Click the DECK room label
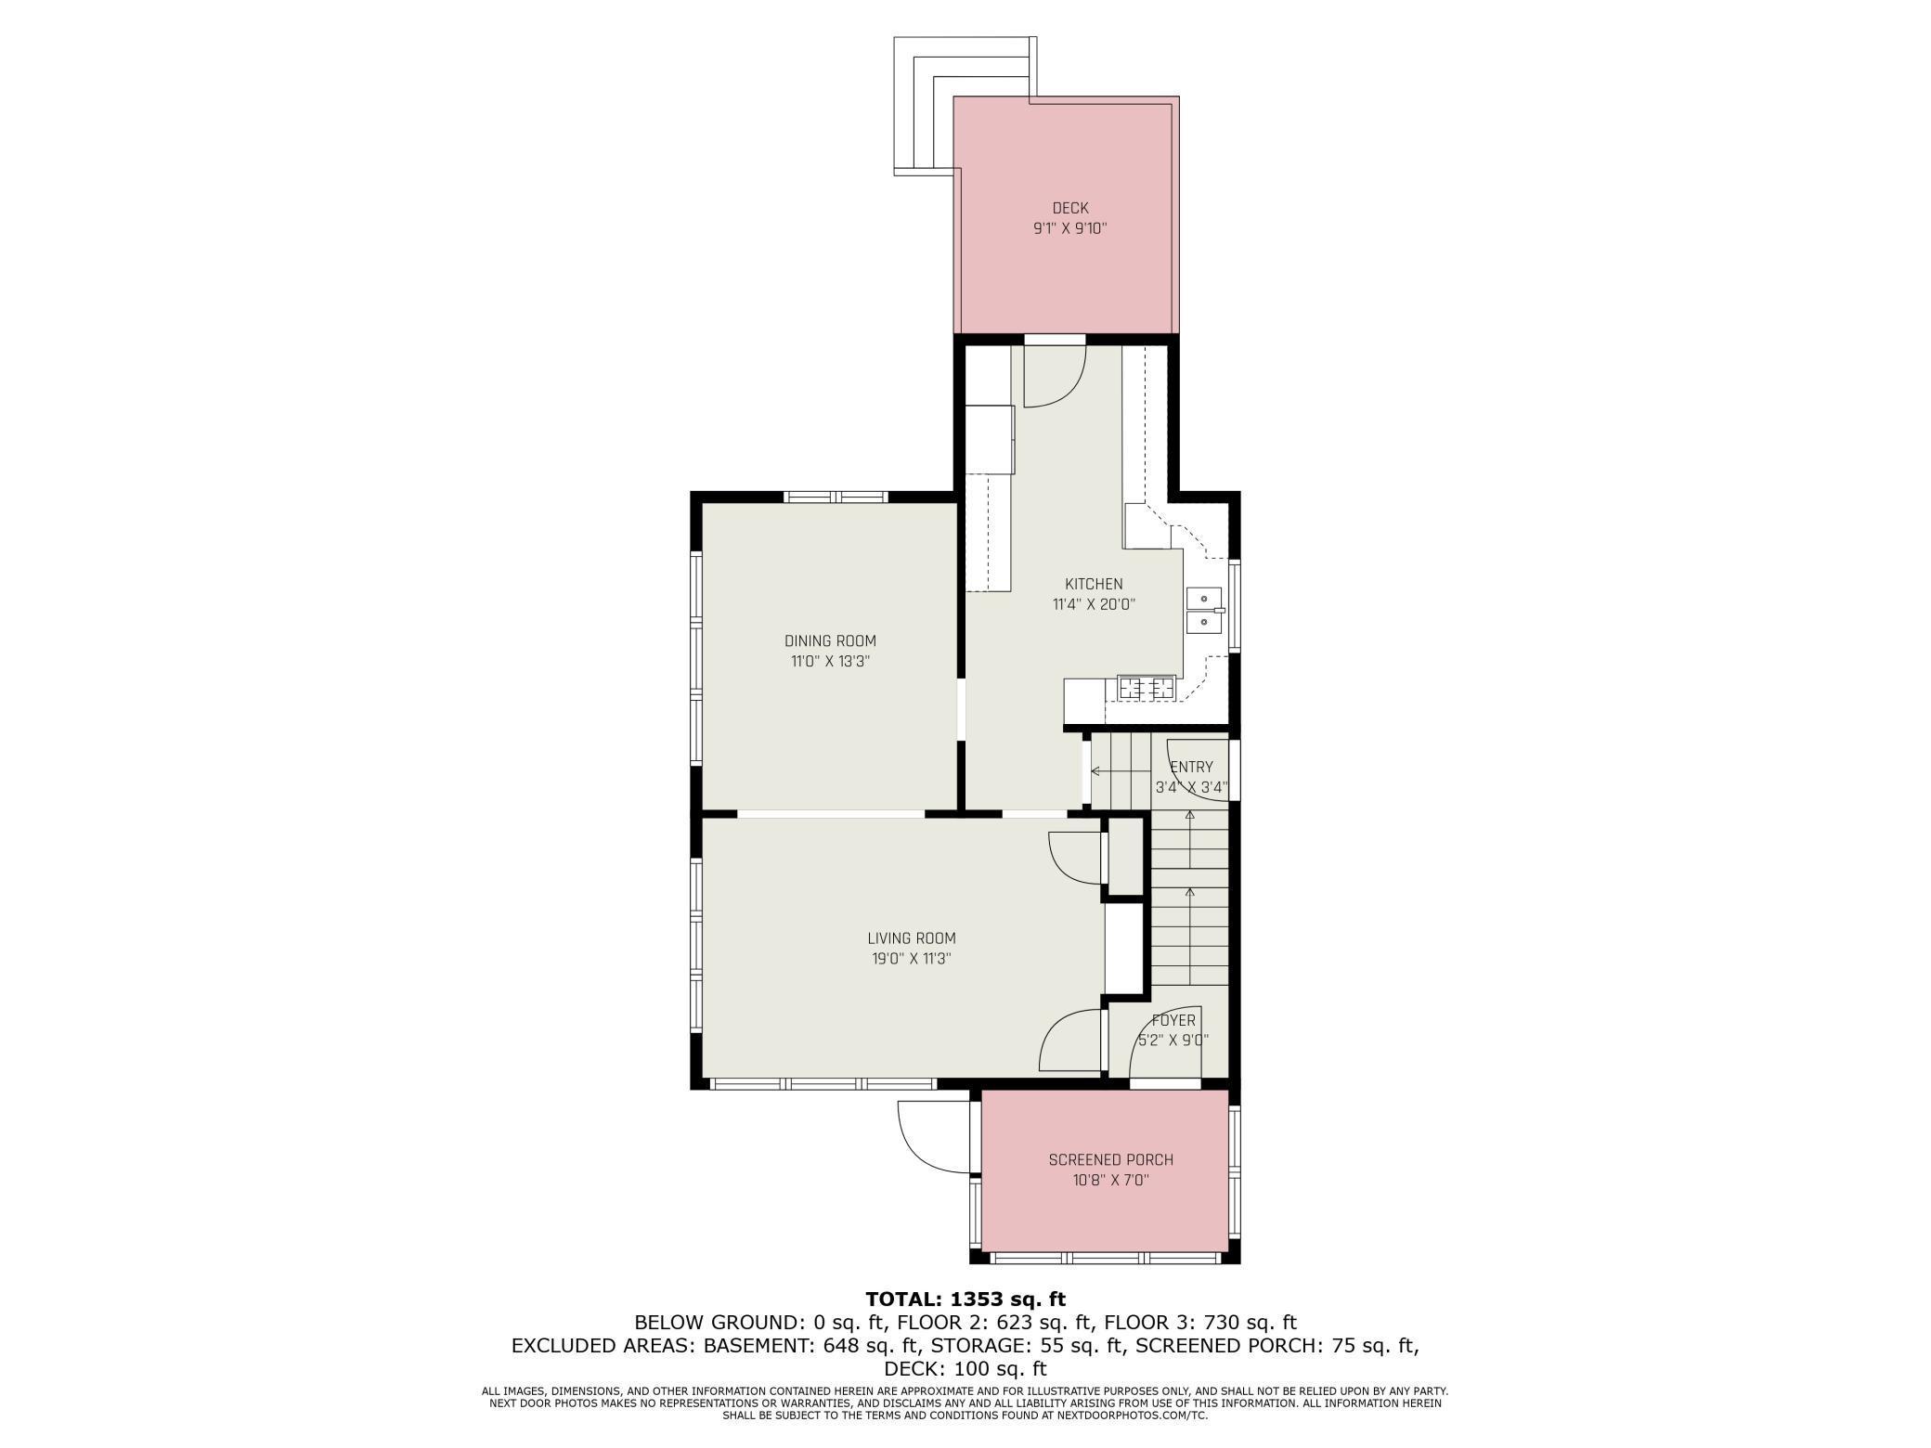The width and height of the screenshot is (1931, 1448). pos(1069,208)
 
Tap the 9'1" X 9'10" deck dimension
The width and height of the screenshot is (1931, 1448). pos(1069,228)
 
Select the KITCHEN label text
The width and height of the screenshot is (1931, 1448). pos(1093,584)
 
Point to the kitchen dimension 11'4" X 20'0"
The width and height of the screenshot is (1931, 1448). pos(1093,604)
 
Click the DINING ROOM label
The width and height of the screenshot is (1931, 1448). pos(830,640)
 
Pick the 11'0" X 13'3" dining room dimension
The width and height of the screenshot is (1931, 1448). pos(830,662)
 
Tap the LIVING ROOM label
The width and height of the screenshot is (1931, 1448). pos(911,938)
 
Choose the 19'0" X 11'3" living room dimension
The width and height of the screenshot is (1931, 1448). pos(911,959)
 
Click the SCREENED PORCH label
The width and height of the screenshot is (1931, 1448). pos(1110,1159)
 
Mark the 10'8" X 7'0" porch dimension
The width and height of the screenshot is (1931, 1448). pos(1110,1181)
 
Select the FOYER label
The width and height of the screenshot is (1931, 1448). pos(1173,1020)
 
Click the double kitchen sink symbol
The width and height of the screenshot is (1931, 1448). pos(1203,609)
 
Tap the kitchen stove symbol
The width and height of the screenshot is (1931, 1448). pos(1147,688)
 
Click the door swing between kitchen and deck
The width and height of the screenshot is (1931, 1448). pos(1055,377)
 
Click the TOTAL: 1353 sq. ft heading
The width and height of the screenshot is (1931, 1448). pos(965,1299)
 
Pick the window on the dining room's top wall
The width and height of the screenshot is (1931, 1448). pos(836,497)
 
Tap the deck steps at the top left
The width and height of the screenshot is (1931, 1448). pos(924,107)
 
